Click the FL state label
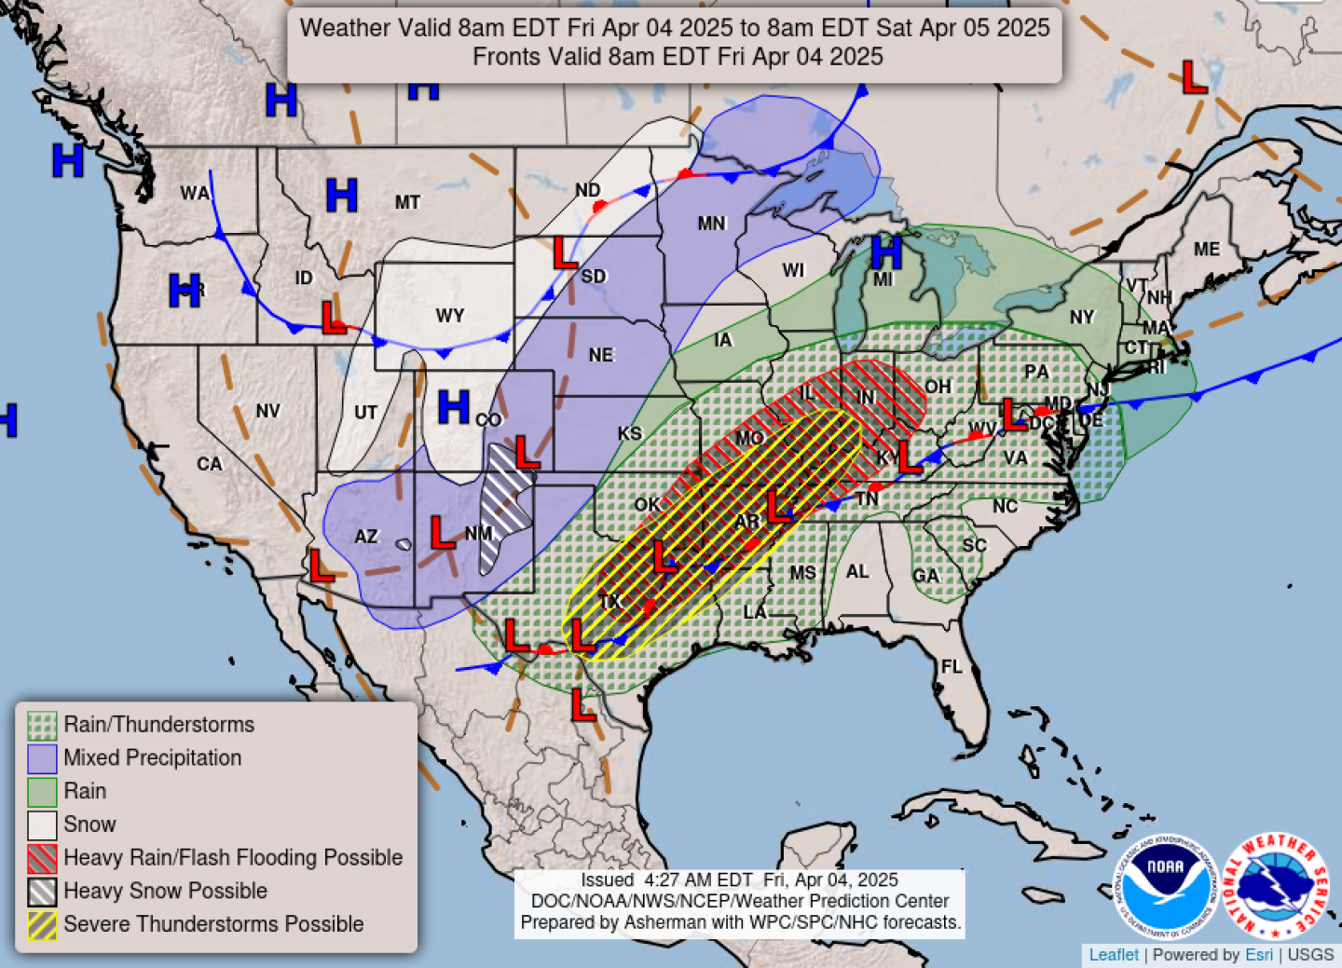click(x=951, y=667)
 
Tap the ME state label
click(x=1206, y=250)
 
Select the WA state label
click(x=195, y=194)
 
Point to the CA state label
click(x=210, y=464)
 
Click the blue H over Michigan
click(x=885, y=252)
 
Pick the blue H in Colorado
click(x=453, y=407)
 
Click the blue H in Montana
click(x=341, y=196)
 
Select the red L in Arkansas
click(x=777, y=507)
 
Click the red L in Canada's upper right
click(x=1194, y=77)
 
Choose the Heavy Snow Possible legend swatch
click(x=42, y=892)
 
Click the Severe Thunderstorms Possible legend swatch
click(x=42, y=925)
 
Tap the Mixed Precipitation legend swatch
click(x=42, y=758)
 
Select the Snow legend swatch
click(x=42, y=825)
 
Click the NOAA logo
click(x=1165, y=886)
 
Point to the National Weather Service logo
click(x=1274, y=886)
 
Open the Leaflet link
click(x=1113, y=955)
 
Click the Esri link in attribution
click(x=1258, y=955)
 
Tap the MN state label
click(x=711, y=224)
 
